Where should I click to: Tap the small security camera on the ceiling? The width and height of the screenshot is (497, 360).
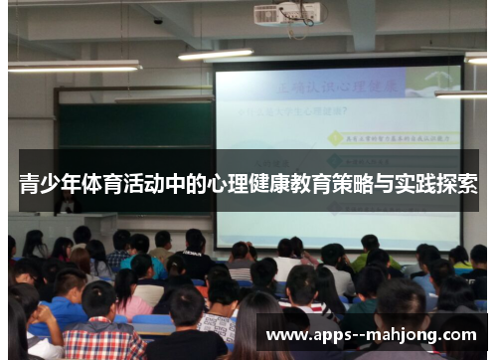pyautogui.click(x=158, y=21)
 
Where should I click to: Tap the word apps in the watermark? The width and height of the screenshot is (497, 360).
pyautogui.click(x=334, y=334)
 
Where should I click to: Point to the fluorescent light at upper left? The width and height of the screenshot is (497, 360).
pyautogui.click(x=75, y=66)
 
